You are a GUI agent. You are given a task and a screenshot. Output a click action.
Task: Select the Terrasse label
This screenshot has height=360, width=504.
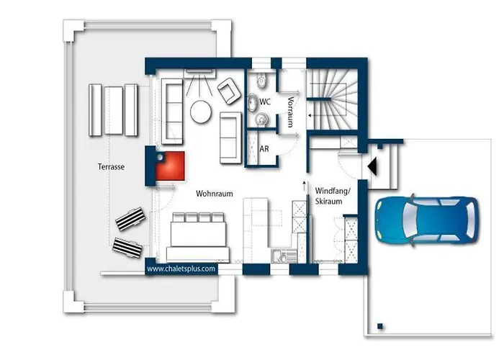[112, 166]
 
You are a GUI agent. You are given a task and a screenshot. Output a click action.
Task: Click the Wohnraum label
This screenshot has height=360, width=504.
[214, 194]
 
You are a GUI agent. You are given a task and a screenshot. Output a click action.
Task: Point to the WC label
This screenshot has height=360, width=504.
[265, 102]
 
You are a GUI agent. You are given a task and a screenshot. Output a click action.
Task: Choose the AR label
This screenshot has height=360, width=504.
[264, 150]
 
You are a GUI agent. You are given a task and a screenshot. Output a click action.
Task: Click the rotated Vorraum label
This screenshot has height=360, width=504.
[290, 111]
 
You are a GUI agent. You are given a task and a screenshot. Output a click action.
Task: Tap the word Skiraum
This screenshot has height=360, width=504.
[331, 202]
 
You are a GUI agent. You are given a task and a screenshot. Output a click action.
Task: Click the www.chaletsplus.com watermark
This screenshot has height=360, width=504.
[181, 269]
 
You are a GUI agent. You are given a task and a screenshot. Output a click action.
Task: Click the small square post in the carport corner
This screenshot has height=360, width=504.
[379, 324]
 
